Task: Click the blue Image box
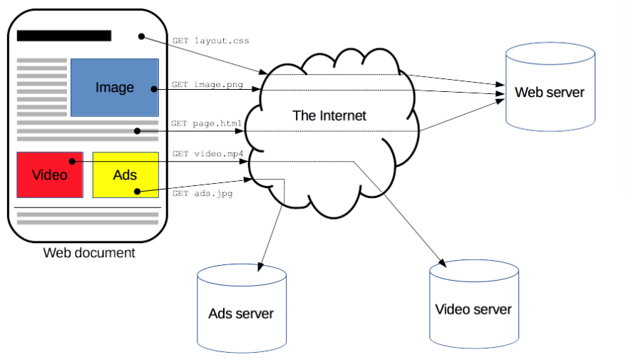point(114,87)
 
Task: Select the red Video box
point(50,175)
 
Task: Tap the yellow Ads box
point(125,175)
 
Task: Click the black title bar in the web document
point(64,36)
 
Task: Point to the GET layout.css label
point(210,41)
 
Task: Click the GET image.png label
point(207,85)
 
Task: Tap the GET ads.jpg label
point(202,193)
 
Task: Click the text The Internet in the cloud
point(329,115)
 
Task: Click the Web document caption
point(89,252)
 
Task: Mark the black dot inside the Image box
point(153,89)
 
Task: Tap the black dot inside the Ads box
point(138,191)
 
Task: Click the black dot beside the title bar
point(141,36)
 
